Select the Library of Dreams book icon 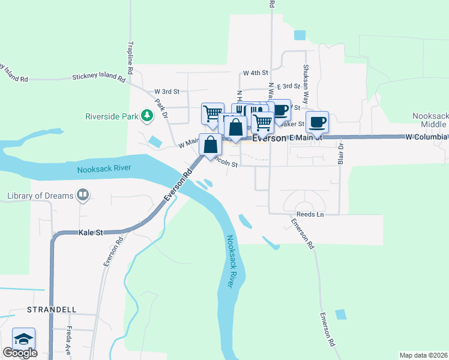83,195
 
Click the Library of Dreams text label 40,196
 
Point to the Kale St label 91,232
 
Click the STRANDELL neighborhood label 52,309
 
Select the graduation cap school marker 23,339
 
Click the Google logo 20,353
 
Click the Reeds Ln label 310,214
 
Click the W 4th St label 255,73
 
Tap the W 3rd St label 167,91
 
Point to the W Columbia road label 427,137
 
